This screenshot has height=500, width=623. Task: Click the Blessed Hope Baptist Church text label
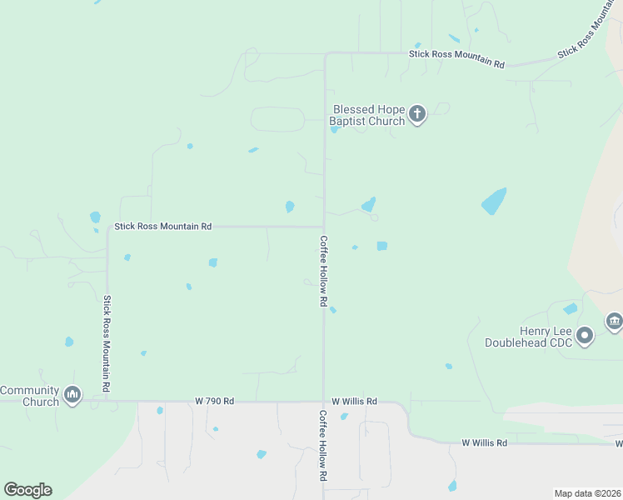pos(368,115)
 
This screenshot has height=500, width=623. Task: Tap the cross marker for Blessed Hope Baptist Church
pos(417,114)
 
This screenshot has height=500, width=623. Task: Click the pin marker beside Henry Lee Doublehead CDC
pos(586,336)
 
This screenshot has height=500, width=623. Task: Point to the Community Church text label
pos(30,396)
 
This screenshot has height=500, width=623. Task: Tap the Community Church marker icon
pos(72,394)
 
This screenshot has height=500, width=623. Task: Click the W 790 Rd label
pos(214,401)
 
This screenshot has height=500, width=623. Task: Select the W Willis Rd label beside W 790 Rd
pos(354,401)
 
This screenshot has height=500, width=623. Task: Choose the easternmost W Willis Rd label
pos(485,442)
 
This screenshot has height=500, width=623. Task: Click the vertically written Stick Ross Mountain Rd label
pos(107,345)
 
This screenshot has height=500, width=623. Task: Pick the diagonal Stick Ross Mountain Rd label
pos(591,31)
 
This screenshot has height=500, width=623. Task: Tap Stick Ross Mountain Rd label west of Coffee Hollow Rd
pos(163,226)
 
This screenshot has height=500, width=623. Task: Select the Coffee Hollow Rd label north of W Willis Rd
pos(323,271)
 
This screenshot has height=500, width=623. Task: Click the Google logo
pos(27,490)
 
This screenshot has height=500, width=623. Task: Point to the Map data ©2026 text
pos(587,493)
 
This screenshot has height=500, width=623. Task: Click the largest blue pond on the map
pos(494,201)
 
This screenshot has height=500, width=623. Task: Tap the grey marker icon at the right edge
pos(615,321)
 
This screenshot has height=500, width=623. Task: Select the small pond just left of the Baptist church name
pos(334,129)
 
